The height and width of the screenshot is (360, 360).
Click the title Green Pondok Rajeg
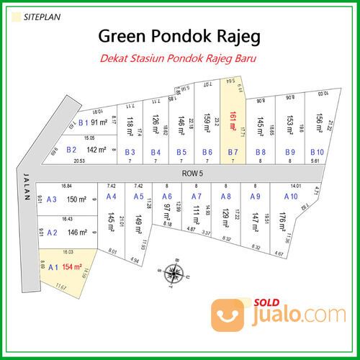[179, 35]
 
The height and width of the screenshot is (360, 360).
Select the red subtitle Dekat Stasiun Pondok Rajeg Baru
[180, 58]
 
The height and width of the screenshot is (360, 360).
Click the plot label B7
[233, 152]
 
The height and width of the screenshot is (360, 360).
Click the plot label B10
[317, 152]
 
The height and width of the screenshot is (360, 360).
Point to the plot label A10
[290, 196]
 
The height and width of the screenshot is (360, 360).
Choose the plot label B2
[71, 150]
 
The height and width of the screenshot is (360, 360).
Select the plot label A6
[166, 196]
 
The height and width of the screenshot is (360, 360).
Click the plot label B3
[130, 152]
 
